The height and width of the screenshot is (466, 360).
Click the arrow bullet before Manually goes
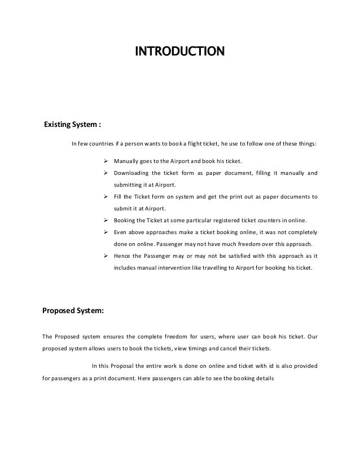tap(107, 161)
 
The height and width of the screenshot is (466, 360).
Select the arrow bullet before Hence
tap(107, 256)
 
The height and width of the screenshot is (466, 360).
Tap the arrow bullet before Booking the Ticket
tap(107, 220)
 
